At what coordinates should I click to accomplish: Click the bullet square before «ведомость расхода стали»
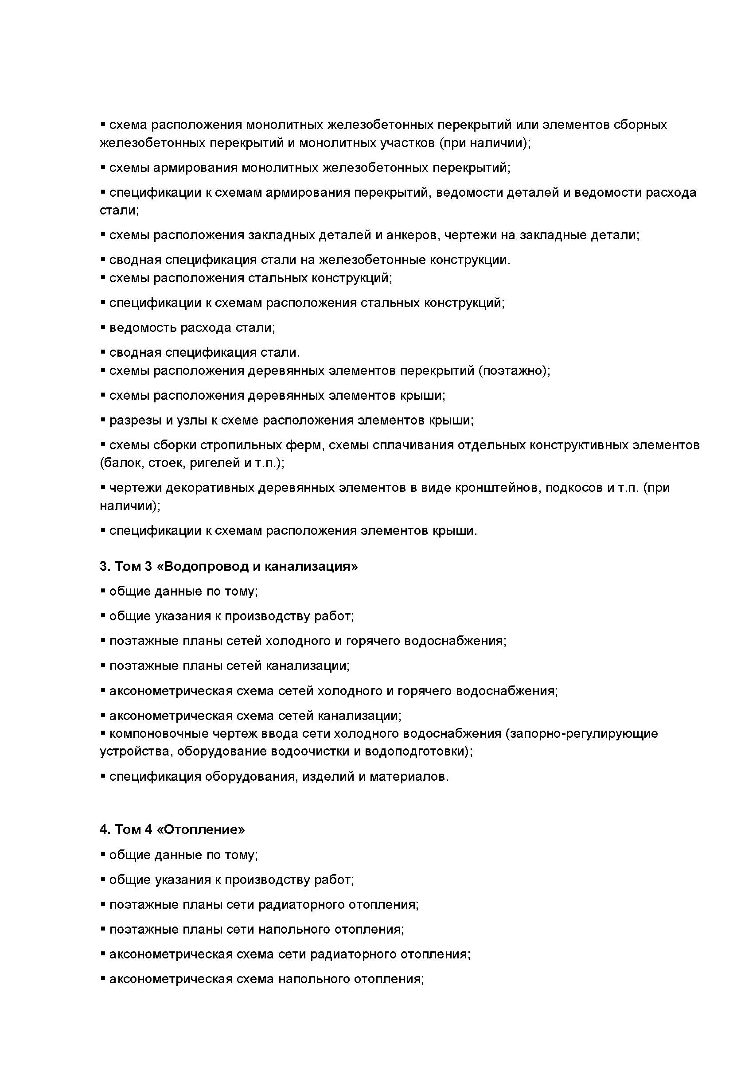[x=103, y=327]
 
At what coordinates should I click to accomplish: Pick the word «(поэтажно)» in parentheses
[x=514, y=370]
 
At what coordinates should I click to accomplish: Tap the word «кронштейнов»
[x=492, y=487]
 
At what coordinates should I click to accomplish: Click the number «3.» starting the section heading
[x=105, y=567]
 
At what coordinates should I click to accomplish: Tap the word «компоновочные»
[x=159, y=734]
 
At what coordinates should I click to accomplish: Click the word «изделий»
[x=328, y=777]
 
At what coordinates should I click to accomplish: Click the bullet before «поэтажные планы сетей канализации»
[x=103, y=665]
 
